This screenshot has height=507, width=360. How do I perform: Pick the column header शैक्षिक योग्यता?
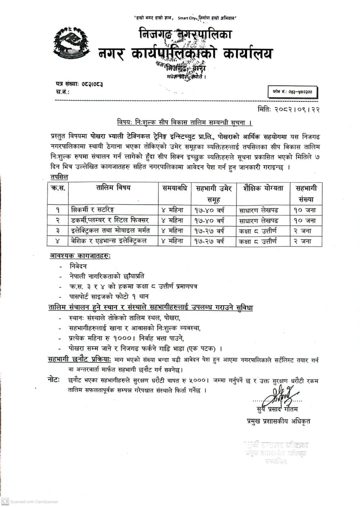[x=260, y=188]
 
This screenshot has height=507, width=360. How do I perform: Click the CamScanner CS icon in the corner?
[x=5, y=501]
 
